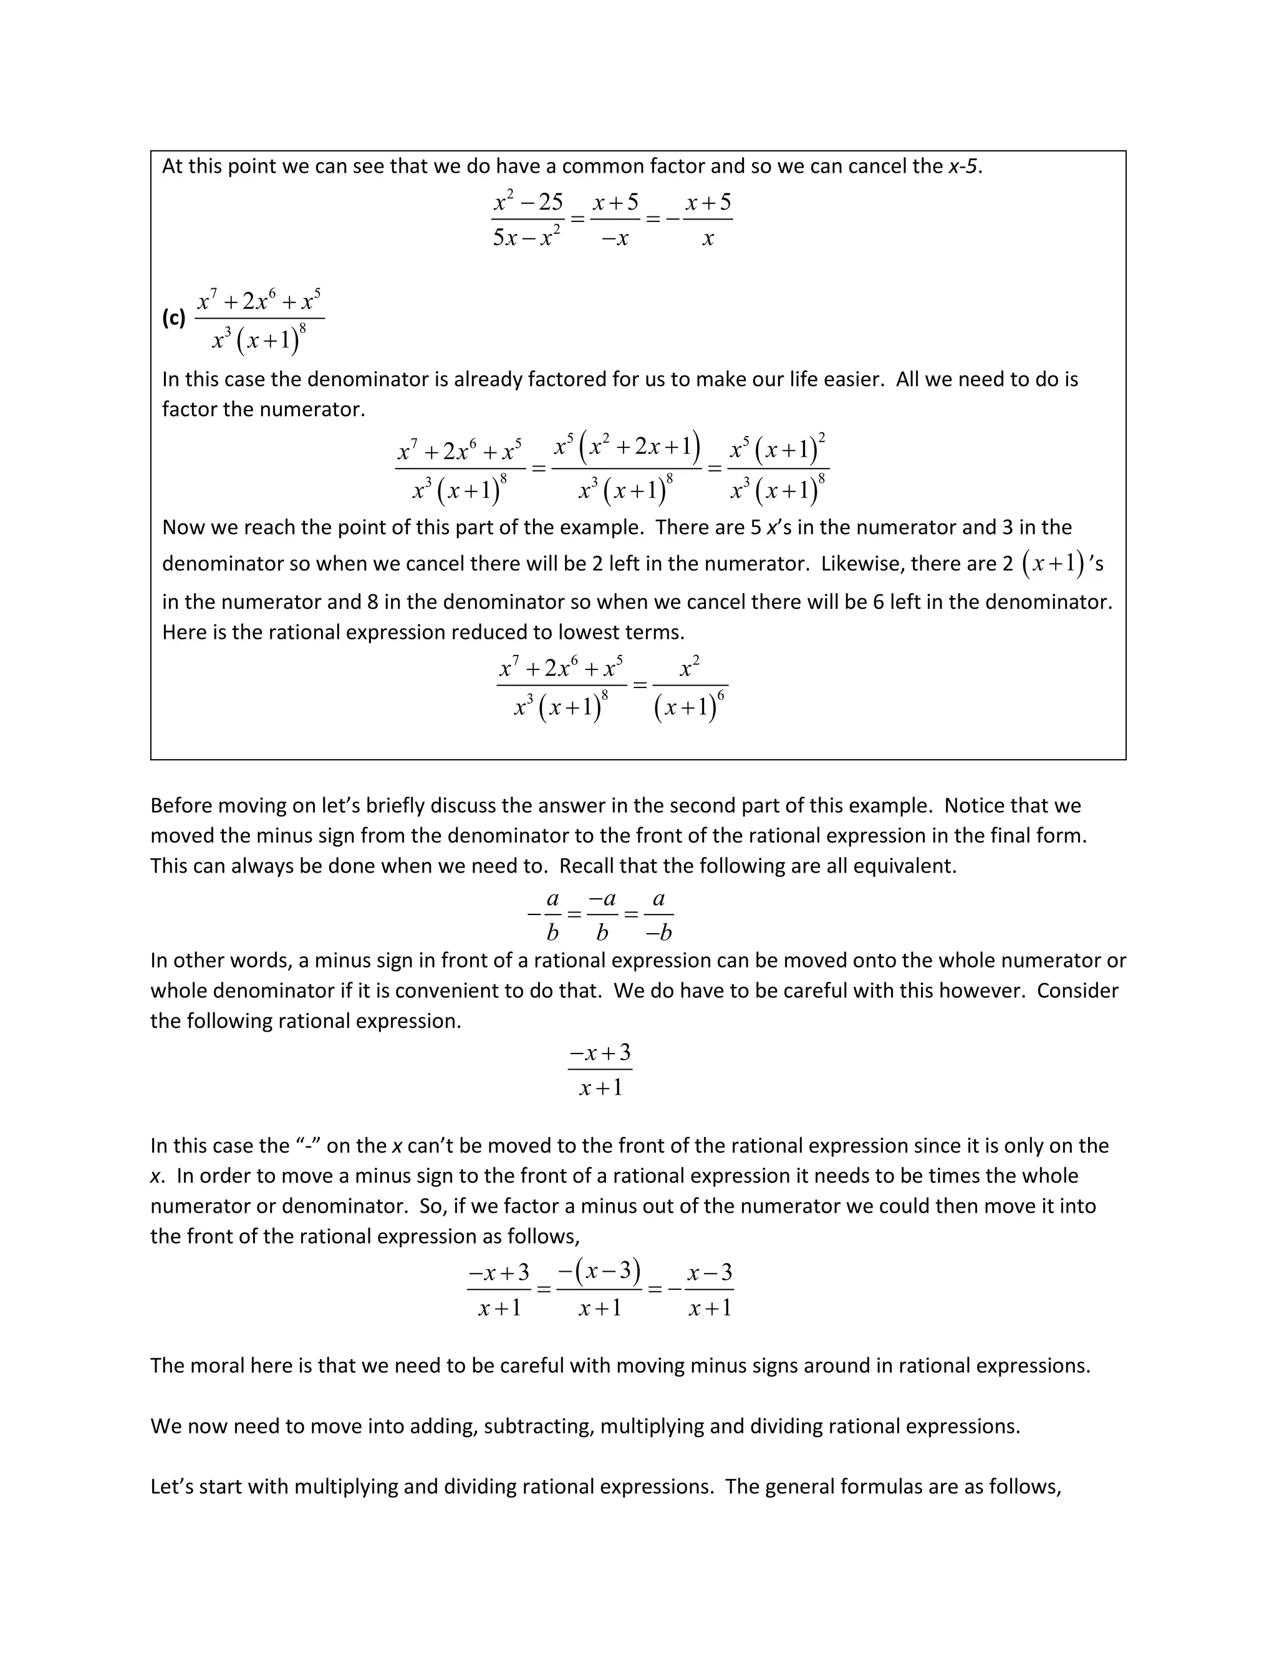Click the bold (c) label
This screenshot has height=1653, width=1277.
pyautogui.click(x=173, y=318)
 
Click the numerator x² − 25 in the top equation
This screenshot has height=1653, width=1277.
pyautogui.click(x=528, y=202)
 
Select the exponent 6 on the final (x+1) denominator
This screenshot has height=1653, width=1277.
pyautogui.click(x=720, y=696)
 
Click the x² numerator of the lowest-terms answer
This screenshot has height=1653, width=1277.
pyautogui.click(x=689, y=668)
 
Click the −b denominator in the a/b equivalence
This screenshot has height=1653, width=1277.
pyautogui.click(x=659, y=933)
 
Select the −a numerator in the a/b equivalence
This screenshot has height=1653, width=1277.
pyautogui.click(x=602, y=899)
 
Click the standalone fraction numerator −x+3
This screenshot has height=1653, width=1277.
pyautogui.click(x=600, y=1053)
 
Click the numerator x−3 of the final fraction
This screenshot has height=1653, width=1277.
pyautogui.click(x=710, y=1272)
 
